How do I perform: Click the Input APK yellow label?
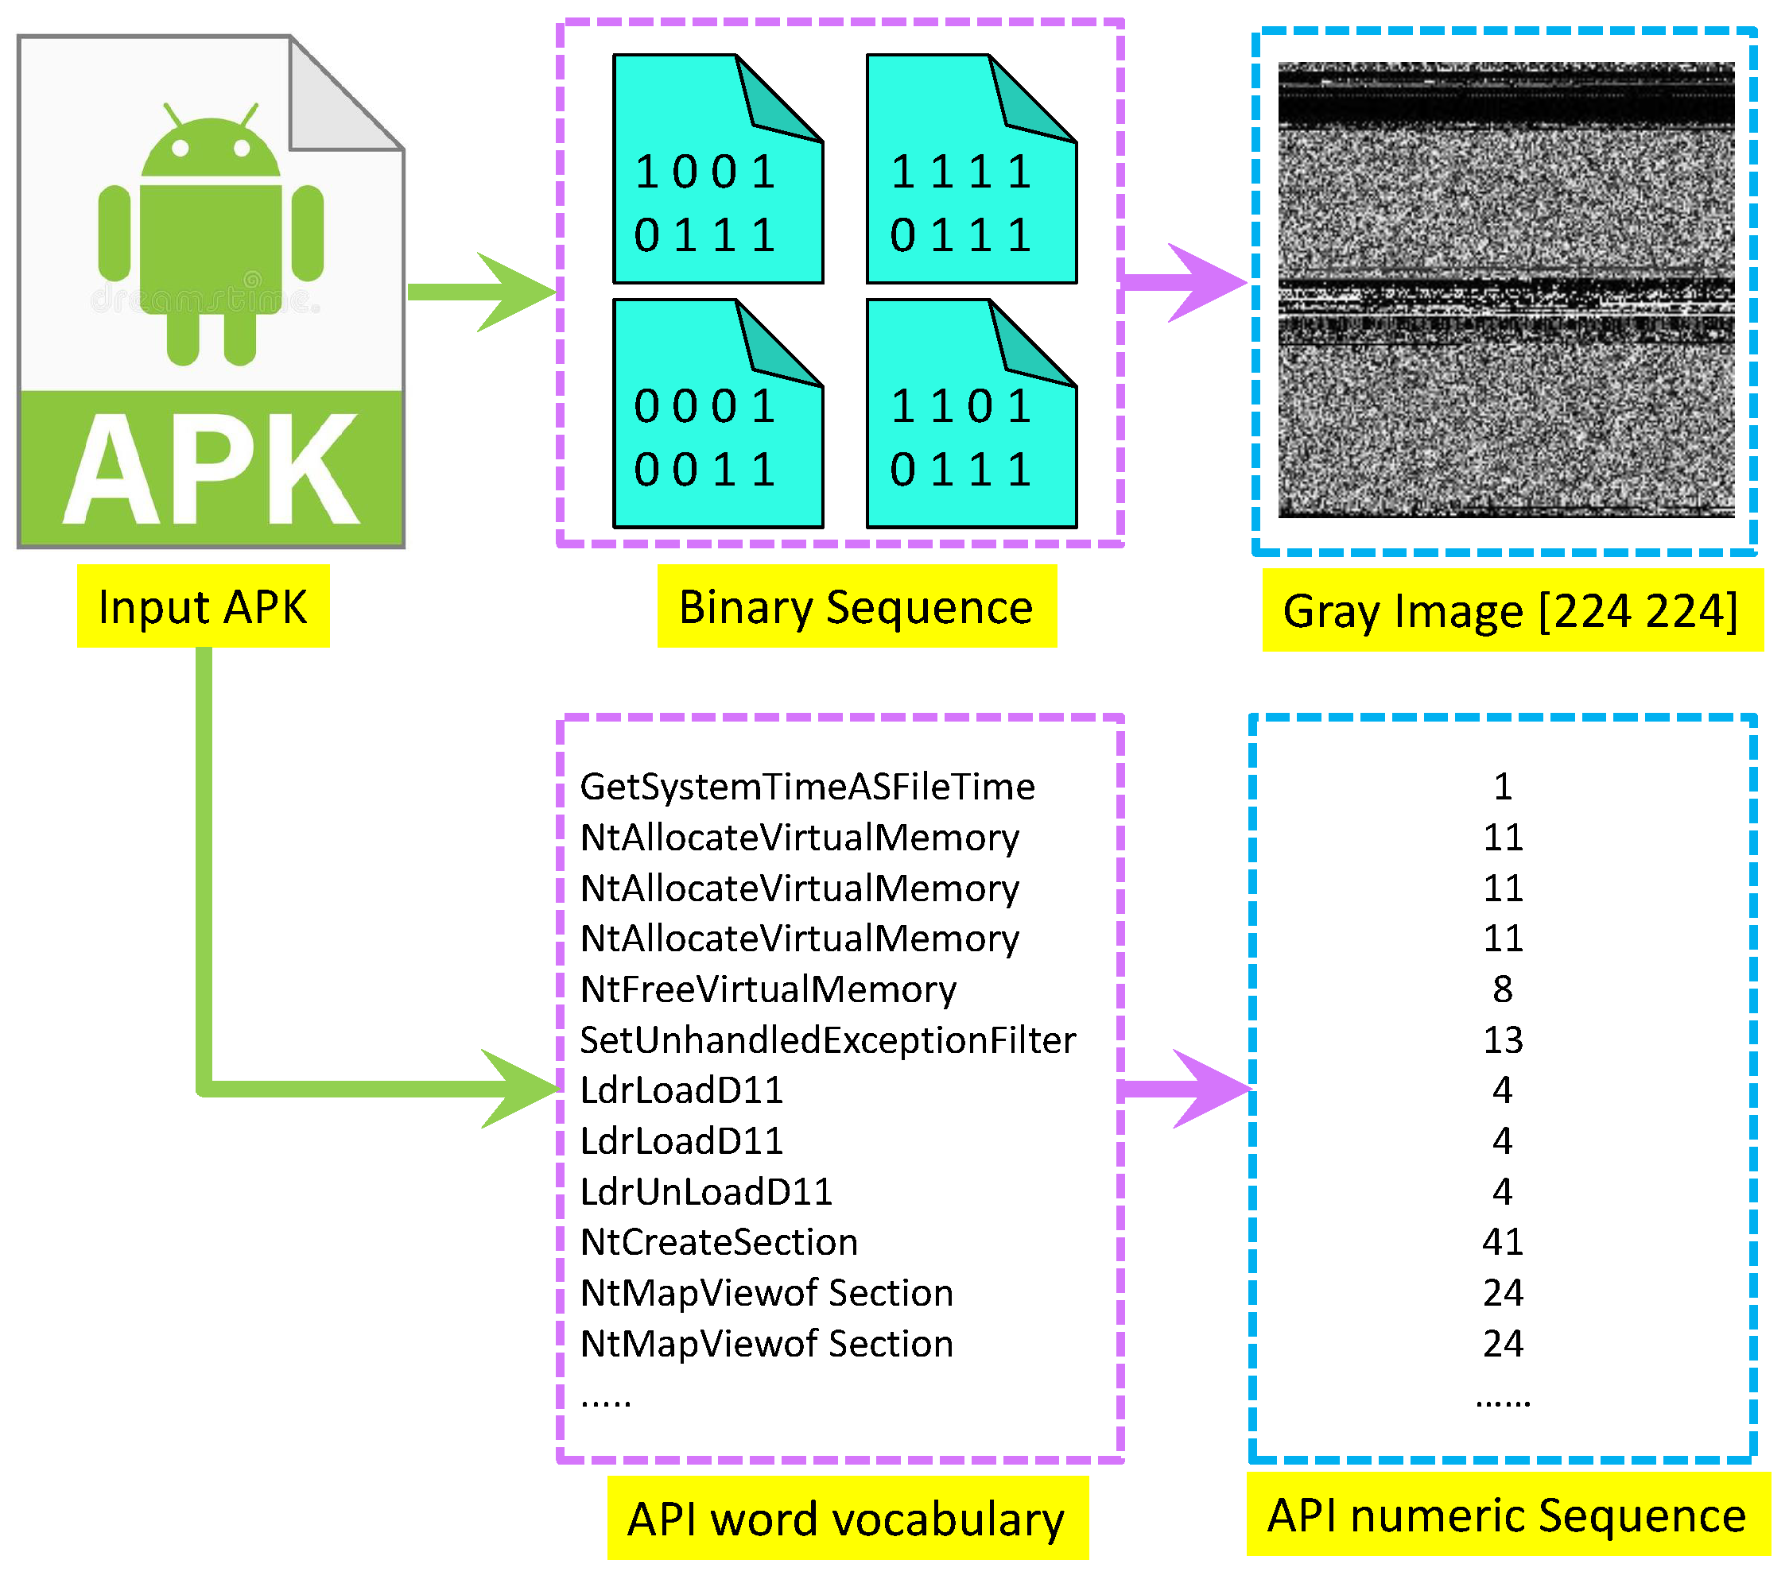[x=202, y=606]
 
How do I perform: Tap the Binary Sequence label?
[x=856, y=606]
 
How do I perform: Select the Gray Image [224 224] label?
[x=1511, y=610]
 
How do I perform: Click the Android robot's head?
[x=211, y=149]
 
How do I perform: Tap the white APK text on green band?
[x=211, y=471]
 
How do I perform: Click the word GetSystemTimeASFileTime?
[x=807, y=787]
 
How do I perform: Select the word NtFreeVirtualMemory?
[x=767, y=989]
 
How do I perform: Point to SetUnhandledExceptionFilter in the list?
[x=827, y=1040]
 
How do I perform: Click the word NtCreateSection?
[x=719, y=1242]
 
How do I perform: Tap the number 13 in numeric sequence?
[x=1503, y=1040]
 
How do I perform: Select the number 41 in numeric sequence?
[x=1503, y=1242]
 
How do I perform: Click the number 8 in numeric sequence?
[x=1503, y=989]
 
